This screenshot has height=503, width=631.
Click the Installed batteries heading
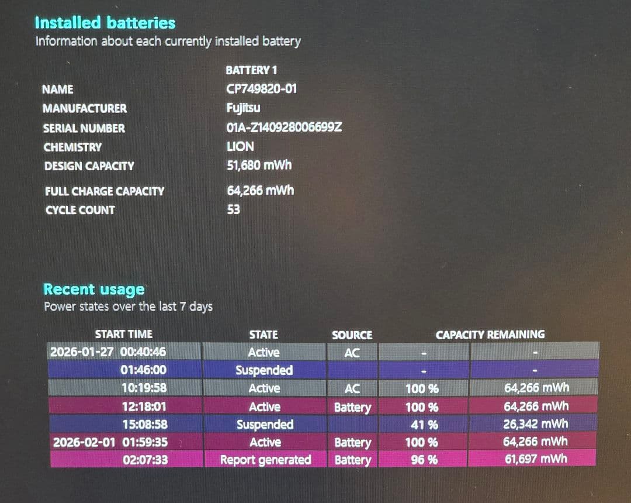tap(105, 23)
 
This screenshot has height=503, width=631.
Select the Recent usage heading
tap(94, 290)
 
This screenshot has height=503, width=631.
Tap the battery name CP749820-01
tap(262, 89)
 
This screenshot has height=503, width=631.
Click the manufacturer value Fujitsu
tap(243, 108)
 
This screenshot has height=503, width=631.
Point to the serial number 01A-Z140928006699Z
tap(284, 128)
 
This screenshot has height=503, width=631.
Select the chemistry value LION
tap(240, 146)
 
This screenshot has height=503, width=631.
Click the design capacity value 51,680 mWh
tap(259, 165)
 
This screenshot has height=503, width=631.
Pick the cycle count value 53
tap(233, 209)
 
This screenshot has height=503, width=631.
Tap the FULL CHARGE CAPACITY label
tap(105, 191)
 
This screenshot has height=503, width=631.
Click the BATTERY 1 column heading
tap(251, 70)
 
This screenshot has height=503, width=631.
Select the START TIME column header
tap(123, 334)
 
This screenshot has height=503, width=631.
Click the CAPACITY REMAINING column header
tap(490, 335)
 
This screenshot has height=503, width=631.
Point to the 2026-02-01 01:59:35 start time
tap(110, 442)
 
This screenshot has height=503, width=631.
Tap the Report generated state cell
tap(265, 460)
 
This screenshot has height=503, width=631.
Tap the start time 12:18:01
tap(144, 406)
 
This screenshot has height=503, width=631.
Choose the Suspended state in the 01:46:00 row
tap(264, 370)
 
